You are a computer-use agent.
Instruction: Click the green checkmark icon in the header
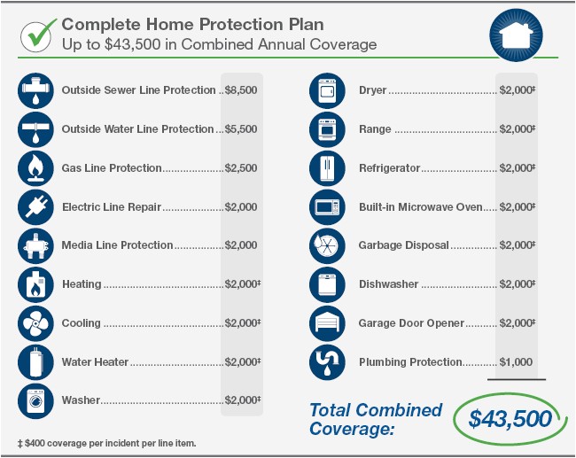click(x=37, y=34)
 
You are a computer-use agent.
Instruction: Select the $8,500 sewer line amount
click(x=241, y=90)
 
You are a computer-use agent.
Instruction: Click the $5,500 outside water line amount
click(x=241, y=129)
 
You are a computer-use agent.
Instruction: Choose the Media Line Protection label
click(x=117, y=245)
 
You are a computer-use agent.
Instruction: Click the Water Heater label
click(x=95, y=362)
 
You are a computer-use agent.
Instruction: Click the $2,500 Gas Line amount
click(x=241, y=168)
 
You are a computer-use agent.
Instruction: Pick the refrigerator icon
click(x=327, y=168)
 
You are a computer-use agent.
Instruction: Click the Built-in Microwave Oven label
click(x=421, y=207)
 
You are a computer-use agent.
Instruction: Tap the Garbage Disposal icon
click(x=327, y=245)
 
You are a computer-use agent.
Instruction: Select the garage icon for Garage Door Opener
click(x=327, y=323)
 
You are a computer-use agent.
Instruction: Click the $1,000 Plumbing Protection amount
click(x=516, y=362)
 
